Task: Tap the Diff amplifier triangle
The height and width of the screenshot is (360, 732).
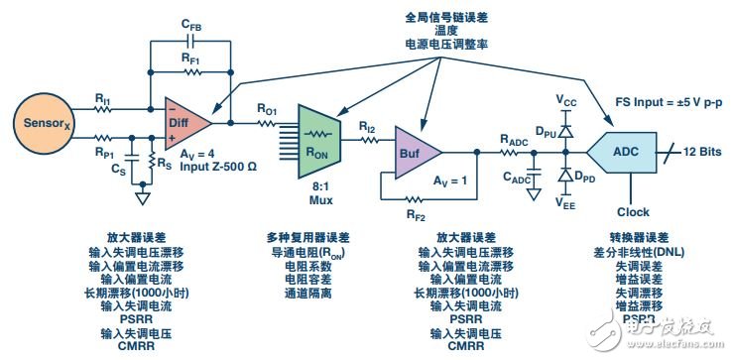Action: tap(185, 122)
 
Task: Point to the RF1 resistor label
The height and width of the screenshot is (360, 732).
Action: tap(192, 60)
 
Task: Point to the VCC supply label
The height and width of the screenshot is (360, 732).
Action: tap(567, 101)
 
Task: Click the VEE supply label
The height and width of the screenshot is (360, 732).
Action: tap(566, 206)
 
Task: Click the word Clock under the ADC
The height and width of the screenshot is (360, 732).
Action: tap(633, 211)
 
